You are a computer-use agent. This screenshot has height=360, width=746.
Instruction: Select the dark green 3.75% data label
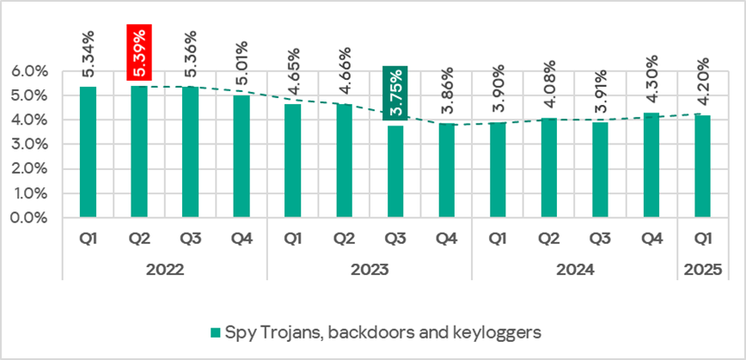(x=396, y=93)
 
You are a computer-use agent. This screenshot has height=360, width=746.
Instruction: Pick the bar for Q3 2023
(x=396, y=172)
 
